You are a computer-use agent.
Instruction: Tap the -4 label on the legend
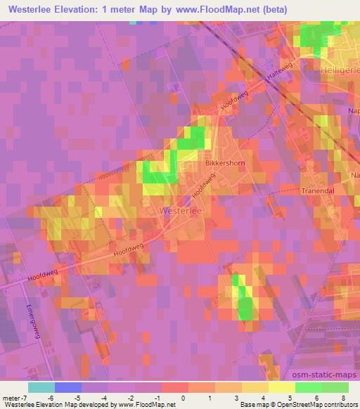pos(104,398)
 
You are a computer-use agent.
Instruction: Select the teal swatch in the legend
pos(41,387)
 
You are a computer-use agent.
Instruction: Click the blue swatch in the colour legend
pos(67,387)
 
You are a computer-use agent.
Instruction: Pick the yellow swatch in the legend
pos(281,387)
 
